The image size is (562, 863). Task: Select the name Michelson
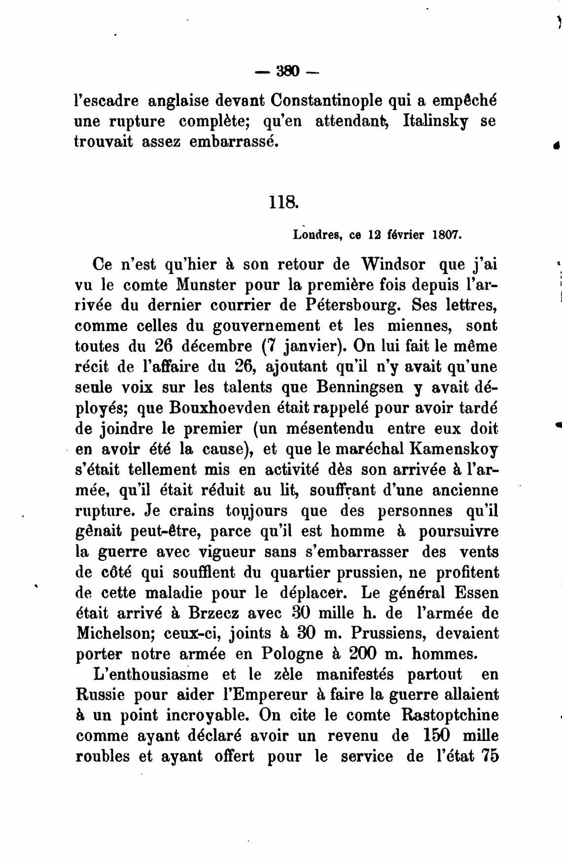pos(114,633)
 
